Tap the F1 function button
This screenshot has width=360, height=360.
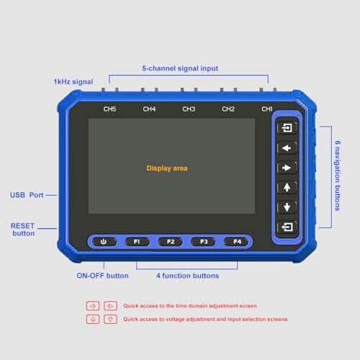point(137,241)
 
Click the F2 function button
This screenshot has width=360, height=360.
point(171,241)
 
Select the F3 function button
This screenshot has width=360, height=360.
point(204,241)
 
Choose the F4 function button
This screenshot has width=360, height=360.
point(237,241)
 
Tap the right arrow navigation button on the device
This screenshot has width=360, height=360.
point(287,168)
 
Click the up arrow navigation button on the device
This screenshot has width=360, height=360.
point(287,187)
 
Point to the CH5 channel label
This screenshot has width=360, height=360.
point(109,109)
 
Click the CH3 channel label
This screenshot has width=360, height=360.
point(189,109)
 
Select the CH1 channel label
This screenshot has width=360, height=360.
point(267,109)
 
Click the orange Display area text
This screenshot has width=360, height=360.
point(167,168)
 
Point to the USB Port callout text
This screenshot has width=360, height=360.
point(27,195)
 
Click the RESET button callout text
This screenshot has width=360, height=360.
point(23,230)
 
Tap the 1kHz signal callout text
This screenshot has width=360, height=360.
point(73,82)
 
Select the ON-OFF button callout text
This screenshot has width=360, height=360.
point(102,276)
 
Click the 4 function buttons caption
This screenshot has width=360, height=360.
point(187,276)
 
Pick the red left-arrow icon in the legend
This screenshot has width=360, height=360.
point(93,306)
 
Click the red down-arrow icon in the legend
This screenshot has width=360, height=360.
point(110,319)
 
